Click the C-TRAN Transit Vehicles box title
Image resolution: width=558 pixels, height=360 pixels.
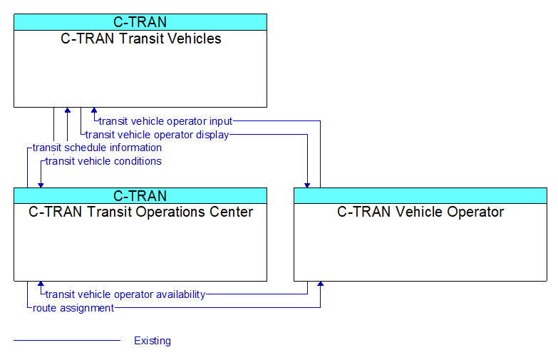(140, 38)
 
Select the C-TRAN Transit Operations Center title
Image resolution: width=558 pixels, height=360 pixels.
(140, 212)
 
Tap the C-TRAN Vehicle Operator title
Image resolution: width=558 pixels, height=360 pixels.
(420, 212)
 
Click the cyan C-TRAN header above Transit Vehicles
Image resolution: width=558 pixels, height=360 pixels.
(140, 22)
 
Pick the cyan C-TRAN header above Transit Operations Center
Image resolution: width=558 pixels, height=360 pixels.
(140, 196)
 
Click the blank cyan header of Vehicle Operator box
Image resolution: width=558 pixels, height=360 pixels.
(420, 196)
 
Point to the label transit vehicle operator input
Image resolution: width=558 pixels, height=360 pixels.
(165, 121)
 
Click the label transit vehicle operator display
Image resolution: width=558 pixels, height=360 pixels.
(157, 135)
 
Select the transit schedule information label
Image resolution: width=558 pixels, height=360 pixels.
(97, 148)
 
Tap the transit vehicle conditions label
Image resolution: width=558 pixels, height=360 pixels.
(103, 161)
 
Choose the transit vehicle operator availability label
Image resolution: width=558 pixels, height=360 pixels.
(125, 294)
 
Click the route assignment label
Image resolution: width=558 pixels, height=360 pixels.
(73, 308)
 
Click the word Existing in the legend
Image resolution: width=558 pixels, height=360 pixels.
(153, 341)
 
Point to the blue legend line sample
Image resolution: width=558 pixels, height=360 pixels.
(67, 341)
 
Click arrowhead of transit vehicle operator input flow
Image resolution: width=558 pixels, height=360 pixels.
(94, 110)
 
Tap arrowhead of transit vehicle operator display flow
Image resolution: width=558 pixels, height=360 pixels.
(307, 185)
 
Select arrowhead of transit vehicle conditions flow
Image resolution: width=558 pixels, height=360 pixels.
(41, 185)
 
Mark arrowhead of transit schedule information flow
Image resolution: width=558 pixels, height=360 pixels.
(67, 110)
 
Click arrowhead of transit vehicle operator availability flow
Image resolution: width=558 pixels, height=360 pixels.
(41, 284)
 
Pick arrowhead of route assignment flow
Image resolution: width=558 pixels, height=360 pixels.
(320, 284)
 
